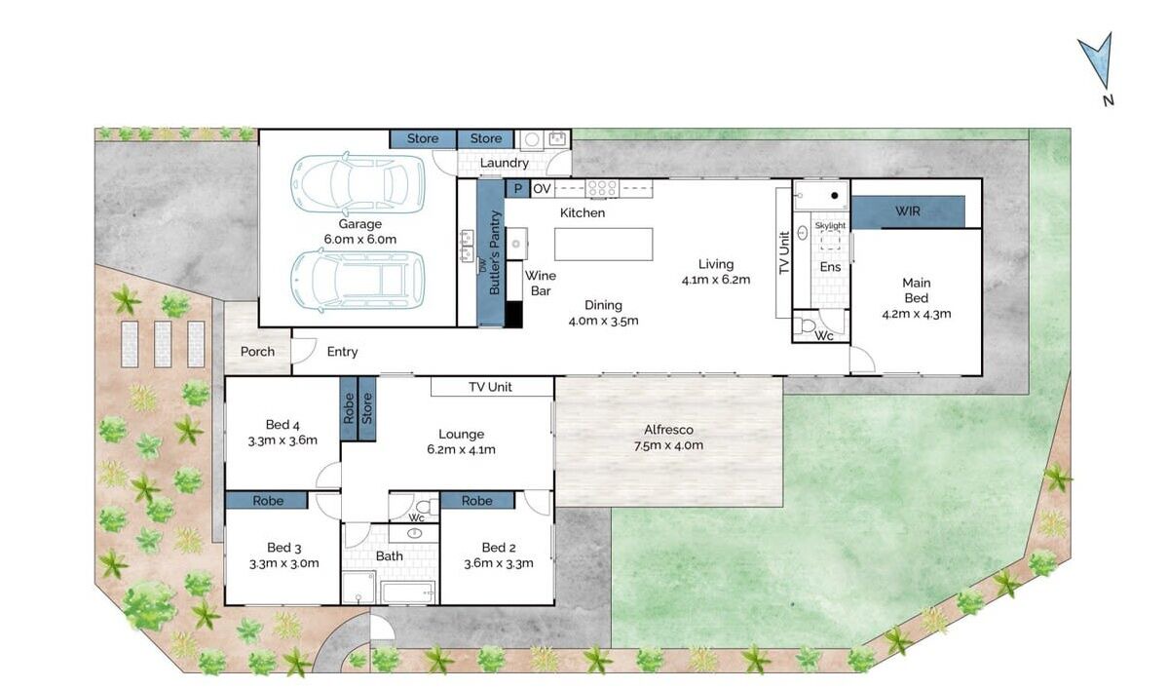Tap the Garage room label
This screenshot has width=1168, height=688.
(x=359, y=223)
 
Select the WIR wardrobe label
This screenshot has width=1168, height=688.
(x=907, y=210)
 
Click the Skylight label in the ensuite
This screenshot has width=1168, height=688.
(x=830, y=225)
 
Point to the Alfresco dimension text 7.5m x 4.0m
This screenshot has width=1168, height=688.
(x=668, y=445)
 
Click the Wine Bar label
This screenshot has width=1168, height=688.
(x=540, y=284)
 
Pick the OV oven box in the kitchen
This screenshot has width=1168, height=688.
(x=542, y=189)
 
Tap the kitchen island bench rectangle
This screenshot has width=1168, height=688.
(x=603, y=245)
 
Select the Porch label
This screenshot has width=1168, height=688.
(x=257, y=351)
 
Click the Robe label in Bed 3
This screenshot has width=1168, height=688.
(x=268, y=501)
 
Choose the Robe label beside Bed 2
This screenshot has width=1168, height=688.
(x=476, y=501)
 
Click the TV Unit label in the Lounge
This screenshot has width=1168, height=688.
(x=490, y=387)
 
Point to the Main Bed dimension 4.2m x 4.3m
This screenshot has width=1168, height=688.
(x=917, y=314)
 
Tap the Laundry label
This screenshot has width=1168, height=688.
(x=505, y=163)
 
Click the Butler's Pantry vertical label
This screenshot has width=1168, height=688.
(x=495, y=252)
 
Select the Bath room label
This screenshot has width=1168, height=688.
(x=389, y=556)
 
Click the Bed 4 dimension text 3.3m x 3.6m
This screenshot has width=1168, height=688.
(x=283, y=440)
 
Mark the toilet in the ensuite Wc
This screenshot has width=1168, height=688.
(x=806, y=325)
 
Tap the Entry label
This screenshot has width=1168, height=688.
(x=342, y=351)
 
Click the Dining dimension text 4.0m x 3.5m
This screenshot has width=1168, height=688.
(x=603, y=322)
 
